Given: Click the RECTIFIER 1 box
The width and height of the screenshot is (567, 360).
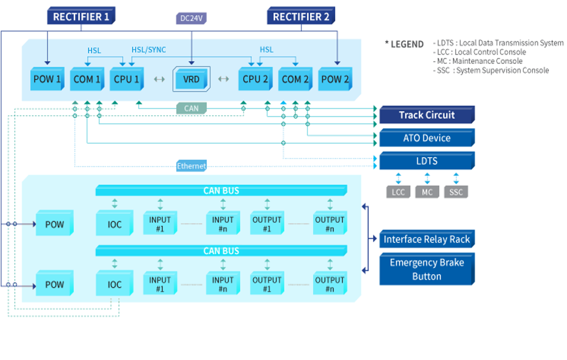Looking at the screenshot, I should pos(81,17).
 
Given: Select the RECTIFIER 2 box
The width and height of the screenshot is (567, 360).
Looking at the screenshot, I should pos(301,17).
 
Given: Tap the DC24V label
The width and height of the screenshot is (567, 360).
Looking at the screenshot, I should pos(191,18).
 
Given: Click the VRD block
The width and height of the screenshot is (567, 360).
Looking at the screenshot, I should pos(191,79).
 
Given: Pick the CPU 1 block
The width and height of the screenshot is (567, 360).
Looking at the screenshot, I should pos(126,79).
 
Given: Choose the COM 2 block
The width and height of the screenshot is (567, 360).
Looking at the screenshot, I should pos(295,79).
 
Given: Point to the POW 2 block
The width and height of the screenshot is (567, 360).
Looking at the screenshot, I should pos(335,79).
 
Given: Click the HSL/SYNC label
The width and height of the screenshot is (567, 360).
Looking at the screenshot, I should pos(149,50).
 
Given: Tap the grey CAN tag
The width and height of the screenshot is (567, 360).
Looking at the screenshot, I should pos(191,108).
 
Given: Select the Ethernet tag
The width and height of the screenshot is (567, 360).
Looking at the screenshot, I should pos(191,166).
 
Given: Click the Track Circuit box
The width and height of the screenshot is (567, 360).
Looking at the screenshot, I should pos(427,115).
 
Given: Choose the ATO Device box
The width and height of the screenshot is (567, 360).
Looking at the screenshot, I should pos(427,138).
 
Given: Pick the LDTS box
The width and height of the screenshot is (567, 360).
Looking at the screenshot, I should pos(427,161).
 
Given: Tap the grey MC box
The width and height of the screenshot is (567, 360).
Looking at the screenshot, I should pos(427,192).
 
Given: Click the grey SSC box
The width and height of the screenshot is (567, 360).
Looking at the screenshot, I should pos(456,192).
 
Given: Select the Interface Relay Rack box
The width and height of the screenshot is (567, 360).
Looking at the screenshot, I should pos(427,239).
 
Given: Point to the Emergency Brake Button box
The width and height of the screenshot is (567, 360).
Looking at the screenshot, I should pos(427,269).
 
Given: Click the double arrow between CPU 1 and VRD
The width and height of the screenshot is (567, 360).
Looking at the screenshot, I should pos(159,79).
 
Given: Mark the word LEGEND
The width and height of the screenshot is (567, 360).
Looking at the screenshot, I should pos(407,44).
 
